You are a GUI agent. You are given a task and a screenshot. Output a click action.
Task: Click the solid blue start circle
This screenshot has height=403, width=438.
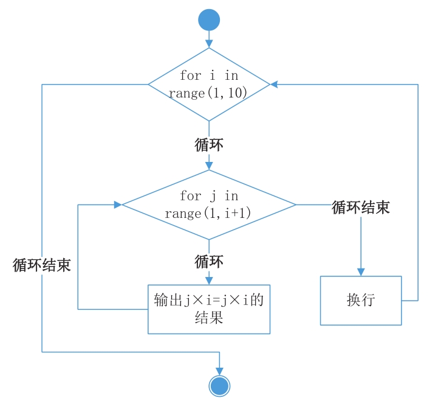click(x=209, y=19)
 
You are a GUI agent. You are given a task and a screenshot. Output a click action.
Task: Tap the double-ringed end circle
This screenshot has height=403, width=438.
click(x=219, y=385)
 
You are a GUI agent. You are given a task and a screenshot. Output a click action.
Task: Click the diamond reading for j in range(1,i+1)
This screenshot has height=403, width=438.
click(x=209, y=205)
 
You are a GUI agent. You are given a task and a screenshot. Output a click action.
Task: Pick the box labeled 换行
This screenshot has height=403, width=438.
click(x=361, y=300)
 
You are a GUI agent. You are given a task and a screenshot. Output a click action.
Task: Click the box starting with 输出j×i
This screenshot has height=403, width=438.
click(x=209, y=309)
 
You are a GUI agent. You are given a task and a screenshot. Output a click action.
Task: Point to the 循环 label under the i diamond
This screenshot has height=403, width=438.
click(x=209, y=145)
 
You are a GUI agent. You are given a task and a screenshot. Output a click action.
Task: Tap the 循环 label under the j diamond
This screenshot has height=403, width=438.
click(x=209, y=262)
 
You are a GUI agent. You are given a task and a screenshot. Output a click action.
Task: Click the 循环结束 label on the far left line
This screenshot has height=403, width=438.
click(x=42, y=265)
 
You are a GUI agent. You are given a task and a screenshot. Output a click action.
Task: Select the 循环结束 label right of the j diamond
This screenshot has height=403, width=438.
click(x=361, y=208)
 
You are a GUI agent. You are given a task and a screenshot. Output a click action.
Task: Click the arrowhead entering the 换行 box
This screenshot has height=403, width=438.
click(x=361, y=272)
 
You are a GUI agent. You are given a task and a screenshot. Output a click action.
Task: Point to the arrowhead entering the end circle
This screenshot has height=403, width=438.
click(x=219, y=371)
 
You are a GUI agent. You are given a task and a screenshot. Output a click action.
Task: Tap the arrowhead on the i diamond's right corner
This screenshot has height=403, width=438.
click(x=274, y=85)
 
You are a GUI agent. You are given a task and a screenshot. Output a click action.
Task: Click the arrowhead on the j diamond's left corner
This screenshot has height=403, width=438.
click(x=118, y=205)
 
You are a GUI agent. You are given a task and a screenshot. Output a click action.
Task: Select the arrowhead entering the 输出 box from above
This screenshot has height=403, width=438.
click(x=209, y=281)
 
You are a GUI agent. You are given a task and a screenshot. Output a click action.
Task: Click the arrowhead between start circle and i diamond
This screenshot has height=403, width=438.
click(x=209, y=44)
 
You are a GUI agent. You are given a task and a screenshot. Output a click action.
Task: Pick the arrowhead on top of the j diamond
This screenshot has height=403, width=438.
click(x=209, y=165)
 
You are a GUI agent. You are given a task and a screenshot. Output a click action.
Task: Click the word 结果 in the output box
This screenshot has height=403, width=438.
click(x=209, y=317)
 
